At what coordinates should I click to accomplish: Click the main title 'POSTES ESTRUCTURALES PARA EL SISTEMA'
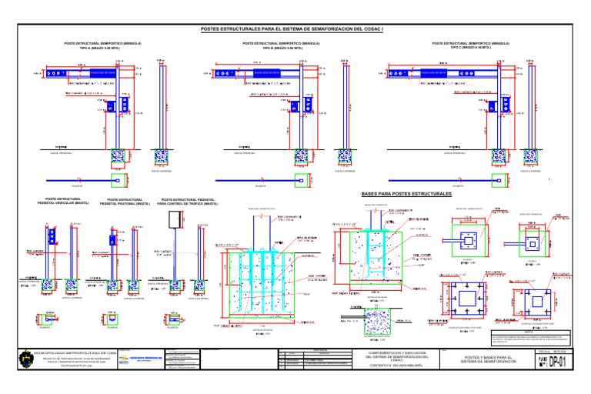pyautogui.click(x=295, y=30)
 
